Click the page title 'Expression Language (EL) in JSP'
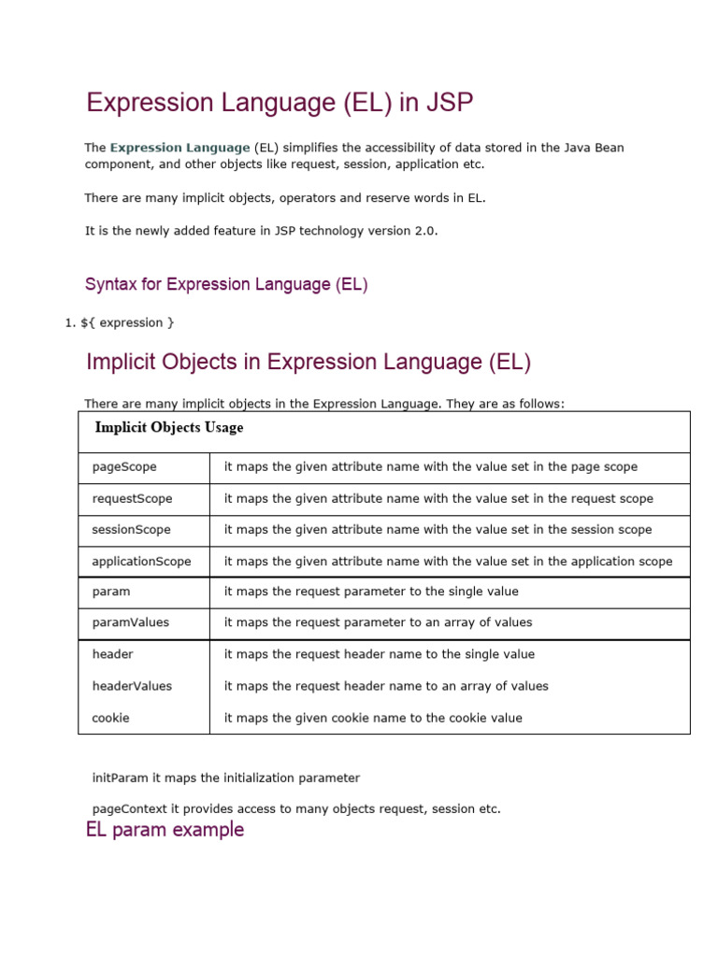280,103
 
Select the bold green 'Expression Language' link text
179,148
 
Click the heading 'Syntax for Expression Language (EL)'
226,284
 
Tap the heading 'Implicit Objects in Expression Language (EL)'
309,363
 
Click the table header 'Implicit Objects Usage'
169,428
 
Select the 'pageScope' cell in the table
124,466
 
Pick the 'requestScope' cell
132,498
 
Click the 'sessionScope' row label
131,530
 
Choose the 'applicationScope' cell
141,562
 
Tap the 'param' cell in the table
111,592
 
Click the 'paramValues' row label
131,622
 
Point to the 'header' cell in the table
112,654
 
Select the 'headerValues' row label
132,686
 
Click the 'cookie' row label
110,718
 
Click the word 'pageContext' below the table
126,809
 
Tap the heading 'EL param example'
165,830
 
